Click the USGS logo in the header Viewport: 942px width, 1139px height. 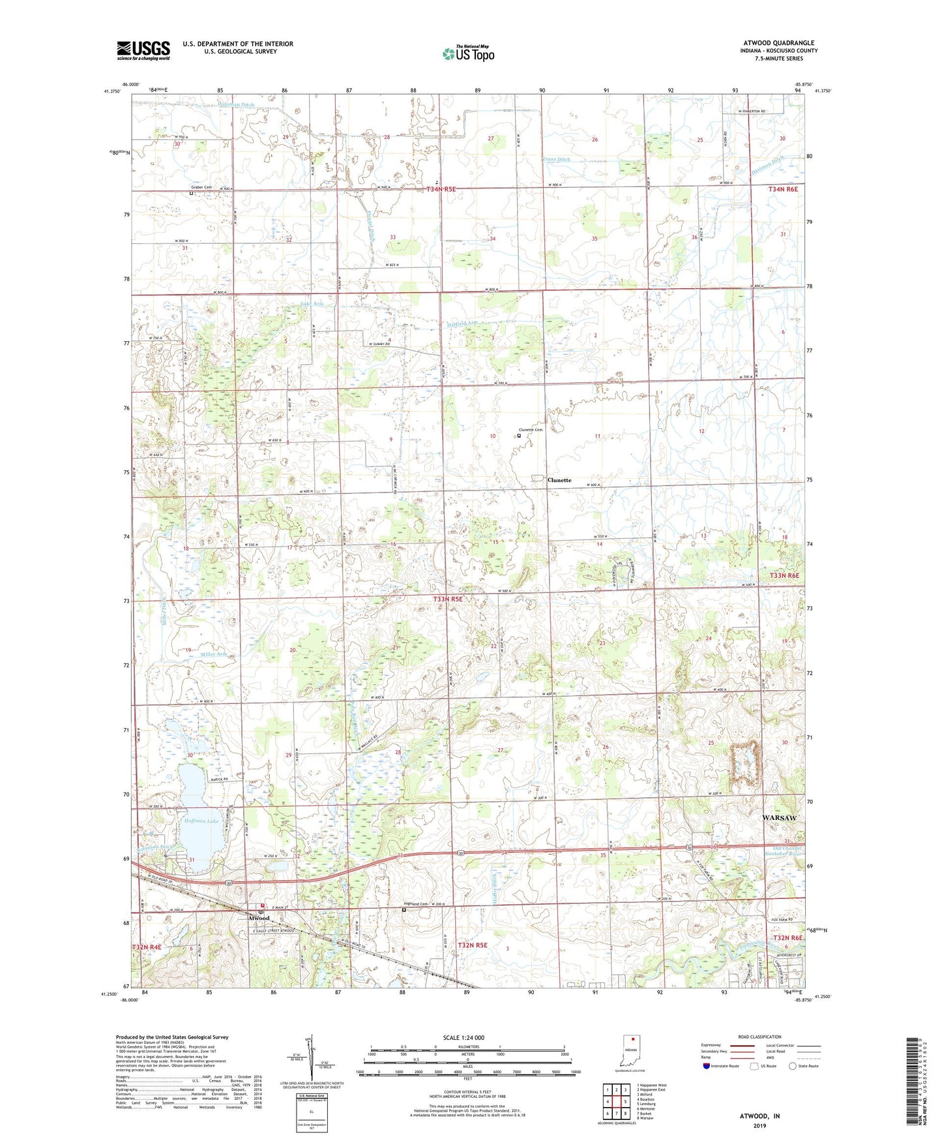(x=143, y=50)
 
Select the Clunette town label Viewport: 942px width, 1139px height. (x=559, y=480)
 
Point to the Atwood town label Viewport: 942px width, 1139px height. (x=258, y=919)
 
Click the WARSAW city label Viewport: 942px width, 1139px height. (x=779, y=817)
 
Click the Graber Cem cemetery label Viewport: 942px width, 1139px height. (x=199, y=188)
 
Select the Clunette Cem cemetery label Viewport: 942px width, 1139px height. (x=530, y=430)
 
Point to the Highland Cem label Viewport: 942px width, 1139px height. (x=416, y=904)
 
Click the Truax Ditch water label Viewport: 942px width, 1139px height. (x=557, y=159)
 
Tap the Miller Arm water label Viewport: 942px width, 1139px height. (x=213, y=654)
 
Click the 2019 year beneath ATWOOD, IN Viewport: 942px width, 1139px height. (x=759, y=1125)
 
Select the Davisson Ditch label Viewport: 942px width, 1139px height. (x=767, y=166)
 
